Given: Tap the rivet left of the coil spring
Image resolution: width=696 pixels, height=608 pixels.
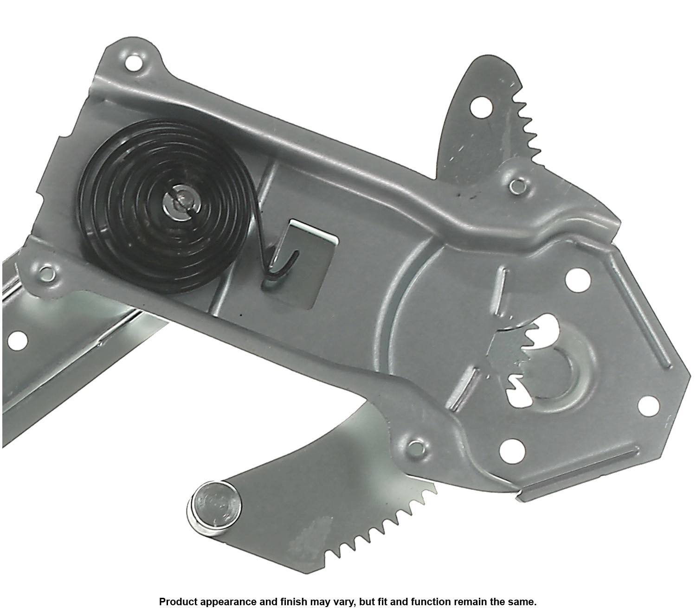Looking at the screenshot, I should tap(47, 273).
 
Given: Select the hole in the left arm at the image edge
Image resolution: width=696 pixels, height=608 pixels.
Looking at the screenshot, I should tap(17, 340).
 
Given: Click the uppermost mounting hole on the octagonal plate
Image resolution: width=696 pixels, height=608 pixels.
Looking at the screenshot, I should tap(577, 279).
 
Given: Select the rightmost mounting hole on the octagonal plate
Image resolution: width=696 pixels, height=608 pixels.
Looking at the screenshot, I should tap(648, 405).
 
